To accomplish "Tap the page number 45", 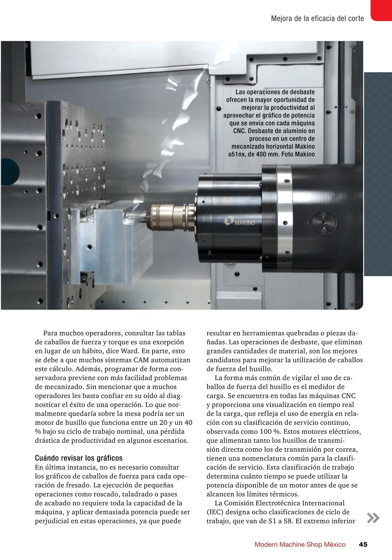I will point(363,544).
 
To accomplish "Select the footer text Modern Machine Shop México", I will point(300,544).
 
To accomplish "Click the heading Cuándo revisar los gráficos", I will point(79,458).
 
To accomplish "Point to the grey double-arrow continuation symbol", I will point(373,518).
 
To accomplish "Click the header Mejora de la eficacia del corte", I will point(317,19).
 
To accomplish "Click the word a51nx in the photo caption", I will point(237,154).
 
